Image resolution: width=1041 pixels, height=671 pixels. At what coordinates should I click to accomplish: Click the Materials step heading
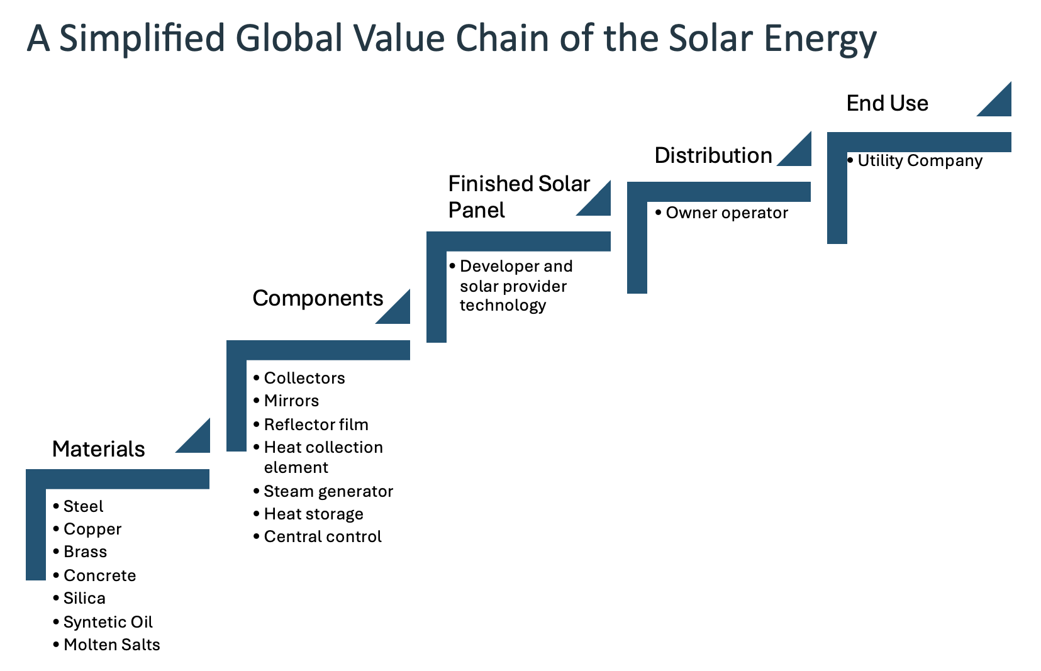click(99, 449)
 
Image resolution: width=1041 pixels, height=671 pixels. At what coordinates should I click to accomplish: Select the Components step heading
click(318, 298)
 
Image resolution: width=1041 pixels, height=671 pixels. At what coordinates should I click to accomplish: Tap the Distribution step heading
click(713, 155)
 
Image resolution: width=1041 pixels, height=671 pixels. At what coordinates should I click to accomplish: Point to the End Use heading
click(887, 103)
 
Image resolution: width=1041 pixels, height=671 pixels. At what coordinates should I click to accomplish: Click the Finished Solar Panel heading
click(519, 197)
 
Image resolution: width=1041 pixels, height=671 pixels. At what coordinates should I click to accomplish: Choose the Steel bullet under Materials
click(83, 506)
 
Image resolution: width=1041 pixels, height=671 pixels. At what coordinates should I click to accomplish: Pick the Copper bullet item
click(92, 530)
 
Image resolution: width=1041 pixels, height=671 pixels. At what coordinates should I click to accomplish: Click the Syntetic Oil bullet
click(108, 622)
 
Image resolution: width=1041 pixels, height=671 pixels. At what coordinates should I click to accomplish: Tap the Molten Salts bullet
click(111, 645)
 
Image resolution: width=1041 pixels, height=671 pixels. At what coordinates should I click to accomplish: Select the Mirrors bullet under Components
click(291, 401)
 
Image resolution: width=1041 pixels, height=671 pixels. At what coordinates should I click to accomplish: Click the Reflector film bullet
click(316, 424)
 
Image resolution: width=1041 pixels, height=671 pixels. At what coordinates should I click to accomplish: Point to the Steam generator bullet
click(328, 491)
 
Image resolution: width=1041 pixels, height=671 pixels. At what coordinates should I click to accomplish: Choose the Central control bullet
click(323, 536)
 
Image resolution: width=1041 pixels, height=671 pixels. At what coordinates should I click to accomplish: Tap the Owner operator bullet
click(727, 213)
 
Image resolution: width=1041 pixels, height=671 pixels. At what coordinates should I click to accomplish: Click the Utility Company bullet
click(920, 161)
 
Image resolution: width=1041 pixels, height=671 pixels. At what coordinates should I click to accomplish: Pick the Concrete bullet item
click(99, 575)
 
